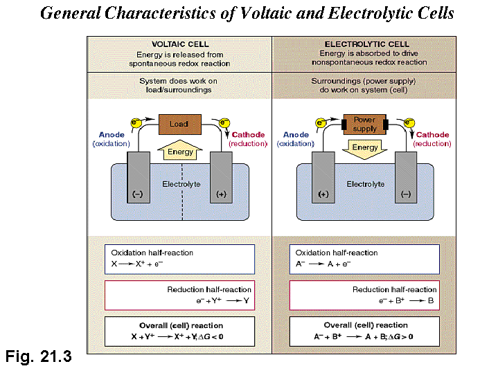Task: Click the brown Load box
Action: point(179,125)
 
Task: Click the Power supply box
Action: point(364,125)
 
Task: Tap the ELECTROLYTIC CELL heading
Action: point(365,44)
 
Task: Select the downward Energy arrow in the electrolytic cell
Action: point(365,148)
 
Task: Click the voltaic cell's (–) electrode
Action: point(139,176)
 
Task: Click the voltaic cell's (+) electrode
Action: point(220,176)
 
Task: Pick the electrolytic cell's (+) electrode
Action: point(323,176)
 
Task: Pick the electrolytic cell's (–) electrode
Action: point(406,176)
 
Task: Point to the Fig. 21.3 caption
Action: point(38,357)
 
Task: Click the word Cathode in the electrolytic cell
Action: point(433,135)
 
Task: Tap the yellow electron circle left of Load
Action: point(136,123)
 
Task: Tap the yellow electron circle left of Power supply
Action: point(321,123)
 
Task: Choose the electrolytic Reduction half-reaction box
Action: point(365,295)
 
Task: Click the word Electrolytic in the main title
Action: point(369,13)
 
